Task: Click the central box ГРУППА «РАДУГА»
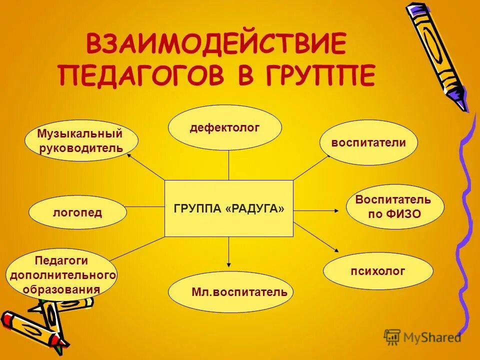pyautogui.click(x=229, y=208)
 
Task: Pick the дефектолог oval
pyautogui.click(x=224, y=127)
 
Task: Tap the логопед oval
pyautogui.click(x=77, y=212)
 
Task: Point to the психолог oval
pyautogui.click(x=378, y=271)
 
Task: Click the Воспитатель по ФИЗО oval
pyautogui.click(x=395, y=206)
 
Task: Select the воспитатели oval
pyautogui.click(x=368, y=142)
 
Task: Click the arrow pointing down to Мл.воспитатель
pyautogui.click(x=228, y=252)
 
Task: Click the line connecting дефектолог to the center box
pyautogui.click(x=228, y=165)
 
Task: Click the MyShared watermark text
pyautogui.click(x=432, y=337)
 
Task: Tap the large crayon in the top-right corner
pyautogui.click(x=436, y=55)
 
